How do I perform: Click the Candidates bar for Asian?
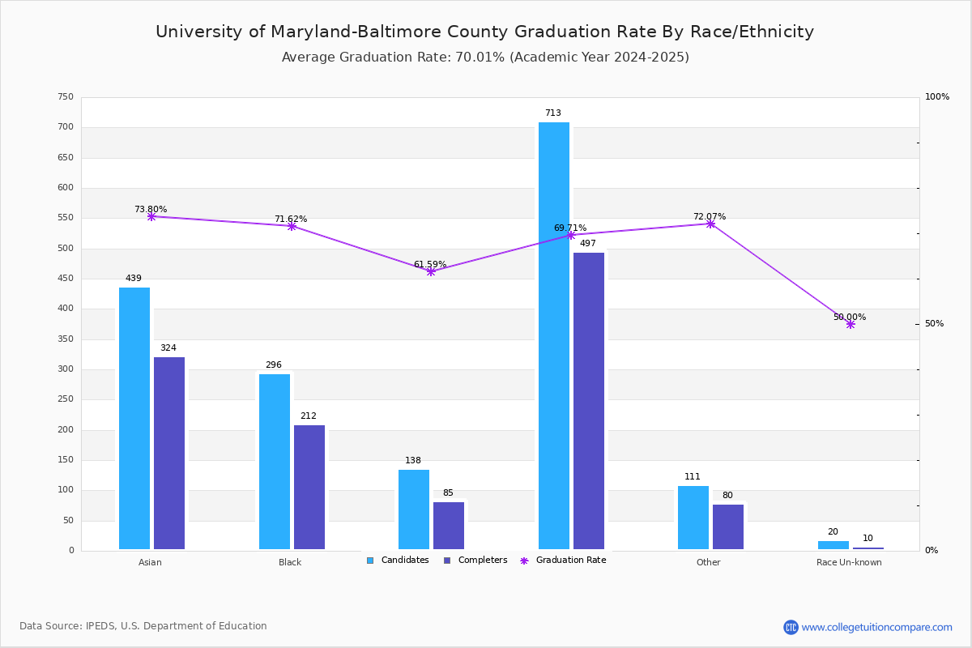pyautogui.click(x=134, y=418)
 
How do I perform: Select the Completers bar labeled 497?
pyautogui.click(x=589, y=401)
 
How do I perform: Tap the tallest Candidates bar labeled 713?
pyautogui.click(x=554, y=335)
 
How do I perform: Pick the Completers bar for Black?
pyautogui.click(x=309, y=487)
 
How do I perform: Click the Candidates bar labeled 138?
pyautogui.click(x=414, y=509)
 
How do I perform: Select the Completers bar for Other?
pyautogui.click(x=728, y=526)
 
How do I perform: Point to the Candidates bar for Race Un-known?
pyautogui.click(x=833, y=545)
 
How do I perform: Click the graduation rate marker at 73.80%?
pyautogui.click(x=151, y=217)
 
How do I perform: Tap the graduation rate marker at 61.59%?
pyautogui.click(x=431, y=271)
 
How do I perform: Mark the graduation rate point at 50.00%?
pyautogui.click(x=850, y=324)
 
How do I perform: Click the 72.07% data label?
pyautogui.click(x=710, y=216)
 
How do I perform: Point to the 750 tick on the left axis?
pyautogui.click(x=66, y=97)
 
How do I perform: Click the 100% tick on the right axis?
pyautogui.click(x=937, y=97)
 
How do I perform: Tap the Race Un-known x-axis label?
pyautogui.click(x=849, y=562)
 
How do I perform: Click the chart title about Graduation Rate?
pyautogui.click(x=484, y=32)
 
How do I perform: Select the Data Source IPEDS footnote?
pyautogui.click(x=143, y=626)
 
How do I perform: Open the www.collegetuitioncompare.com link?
pyautogui.click(x=876, y=627)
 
